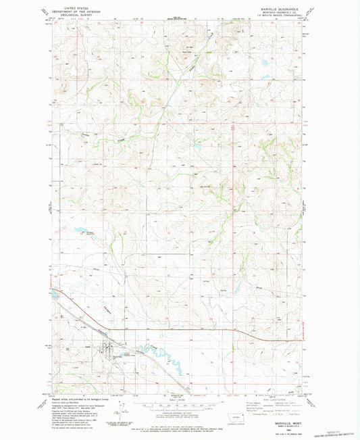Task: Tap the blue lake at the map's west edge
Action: click(53, 295)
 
